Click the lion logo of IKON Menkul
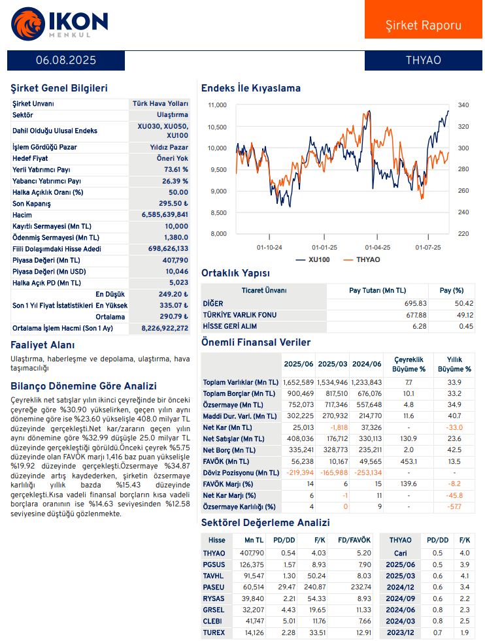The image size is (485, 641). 28,24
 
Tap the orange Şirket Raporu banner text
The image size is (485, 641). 424,25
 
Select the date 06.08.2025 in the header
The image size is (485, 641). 66,61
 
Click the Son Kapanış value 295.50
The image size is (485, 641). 173,204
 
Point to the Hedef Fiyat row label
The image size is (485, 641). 30,158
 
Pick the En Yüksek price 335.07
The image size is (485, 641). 174,305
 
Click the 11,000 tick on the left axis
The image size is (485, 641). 217,105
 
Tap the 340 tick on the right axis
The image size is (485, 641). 463,105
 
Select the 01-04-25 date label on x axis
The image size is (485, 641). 377,248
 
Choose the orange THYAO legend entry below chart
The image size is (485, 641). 362,259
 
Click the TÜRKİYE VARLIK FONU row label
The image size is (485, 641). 240,315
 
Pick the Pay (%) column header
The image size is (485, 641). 452,291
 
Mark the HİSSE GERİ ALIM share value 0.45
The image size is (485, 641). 466,326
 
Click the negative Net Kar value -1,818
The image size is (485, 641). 339,427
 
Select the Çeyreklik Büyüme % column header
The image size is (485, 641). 409,364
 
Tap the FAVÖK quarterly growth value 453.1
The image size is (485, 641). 409,461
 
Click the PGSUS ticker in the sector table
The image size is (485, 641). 214,565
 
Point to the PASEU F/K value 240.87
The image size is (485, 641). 315,587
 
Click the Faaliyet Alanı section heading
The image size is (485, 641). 42,345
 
